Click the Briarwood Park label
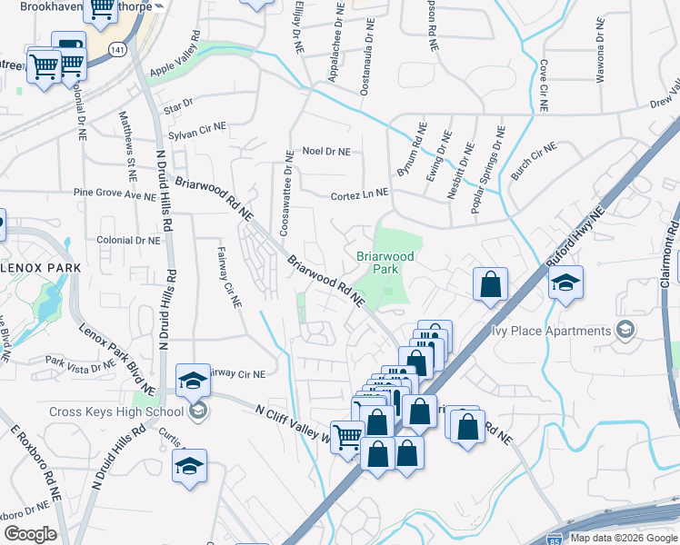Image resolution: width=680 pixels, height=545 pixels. click(x=385, y=263)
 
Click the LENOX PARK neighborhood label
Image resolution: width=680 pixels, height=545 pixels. click(x=40, y=268)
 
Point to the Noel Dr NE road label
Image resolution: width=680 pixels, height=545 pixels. click(x=326, y=152)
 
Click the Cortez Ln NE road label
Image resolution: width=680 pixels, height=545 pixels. click(x=359, y=194)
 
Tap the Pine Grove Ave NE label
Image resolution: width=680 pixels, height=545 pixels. click(x=115, y=193)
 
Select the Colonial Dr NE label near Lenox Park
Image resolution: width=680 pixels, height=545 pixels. click(x=127, y=241)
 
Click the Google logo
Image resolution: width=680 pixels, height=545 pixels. click(x=30, y=534)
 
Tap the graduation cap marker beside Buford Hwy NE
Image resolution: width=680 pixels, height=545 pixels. click(x=565, y=282)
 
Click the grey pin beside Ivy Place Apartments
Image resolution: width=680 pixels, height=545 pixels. click(x=625, y=330)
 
